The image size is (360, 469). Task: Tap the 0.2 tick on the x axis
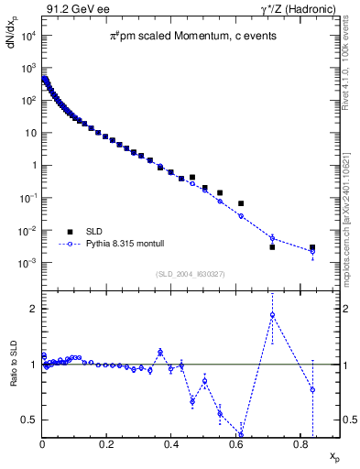pos(107,446)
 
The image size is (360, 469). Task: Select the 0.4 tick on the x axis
pos(171,446)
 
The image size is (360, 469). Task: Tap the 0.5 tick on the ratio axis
pos(30,420)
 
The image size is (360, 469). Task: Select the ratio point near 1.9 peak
pos(272,315)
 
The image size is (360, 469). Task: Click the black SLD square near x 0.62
pos(241,203)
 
